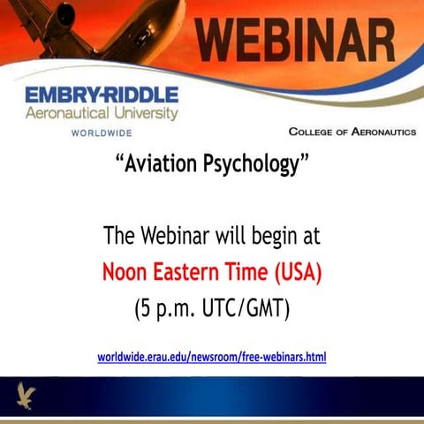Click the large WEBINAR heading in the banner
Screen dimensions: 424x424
295,40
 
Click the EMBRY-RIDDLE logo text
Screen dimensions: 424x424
102,95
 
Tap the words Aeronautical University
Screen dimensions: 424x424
102,113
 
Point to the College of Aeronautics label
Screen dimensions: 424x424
352,132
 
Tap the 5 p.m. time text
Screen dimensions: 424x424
170,309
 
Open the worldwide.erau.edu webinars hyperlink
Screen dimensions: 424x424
211,357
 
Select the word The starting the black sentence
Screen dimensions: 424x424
120,236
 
